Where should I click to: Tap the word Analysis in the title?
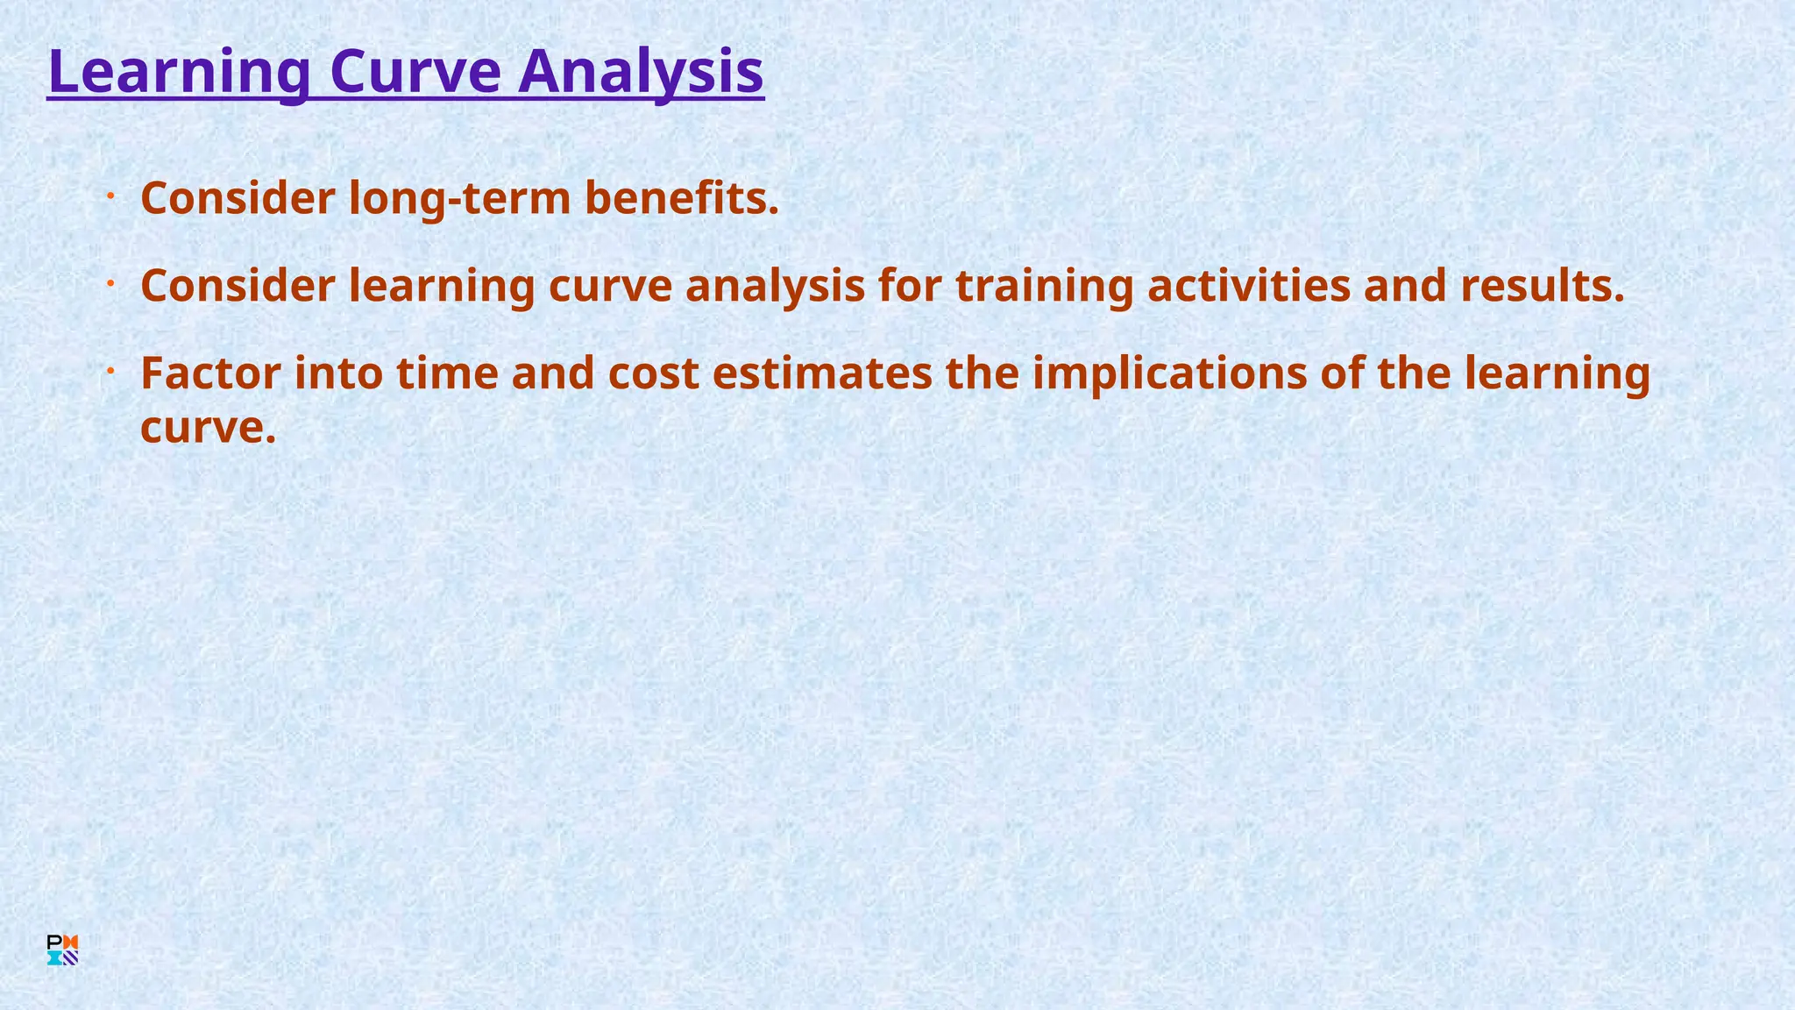641,72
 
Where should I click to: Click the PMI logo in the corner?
62,950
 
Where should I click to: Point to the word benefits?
681,198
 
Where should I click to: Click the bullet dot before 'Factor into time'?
111,372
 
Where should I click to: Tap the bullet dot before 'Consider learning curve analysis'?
111,284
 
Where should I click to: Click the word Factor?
210,373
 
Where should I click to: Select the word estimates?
822,373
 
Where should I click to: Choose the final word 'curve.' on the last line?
208,428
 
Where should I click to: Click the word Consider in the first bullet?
238,198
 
